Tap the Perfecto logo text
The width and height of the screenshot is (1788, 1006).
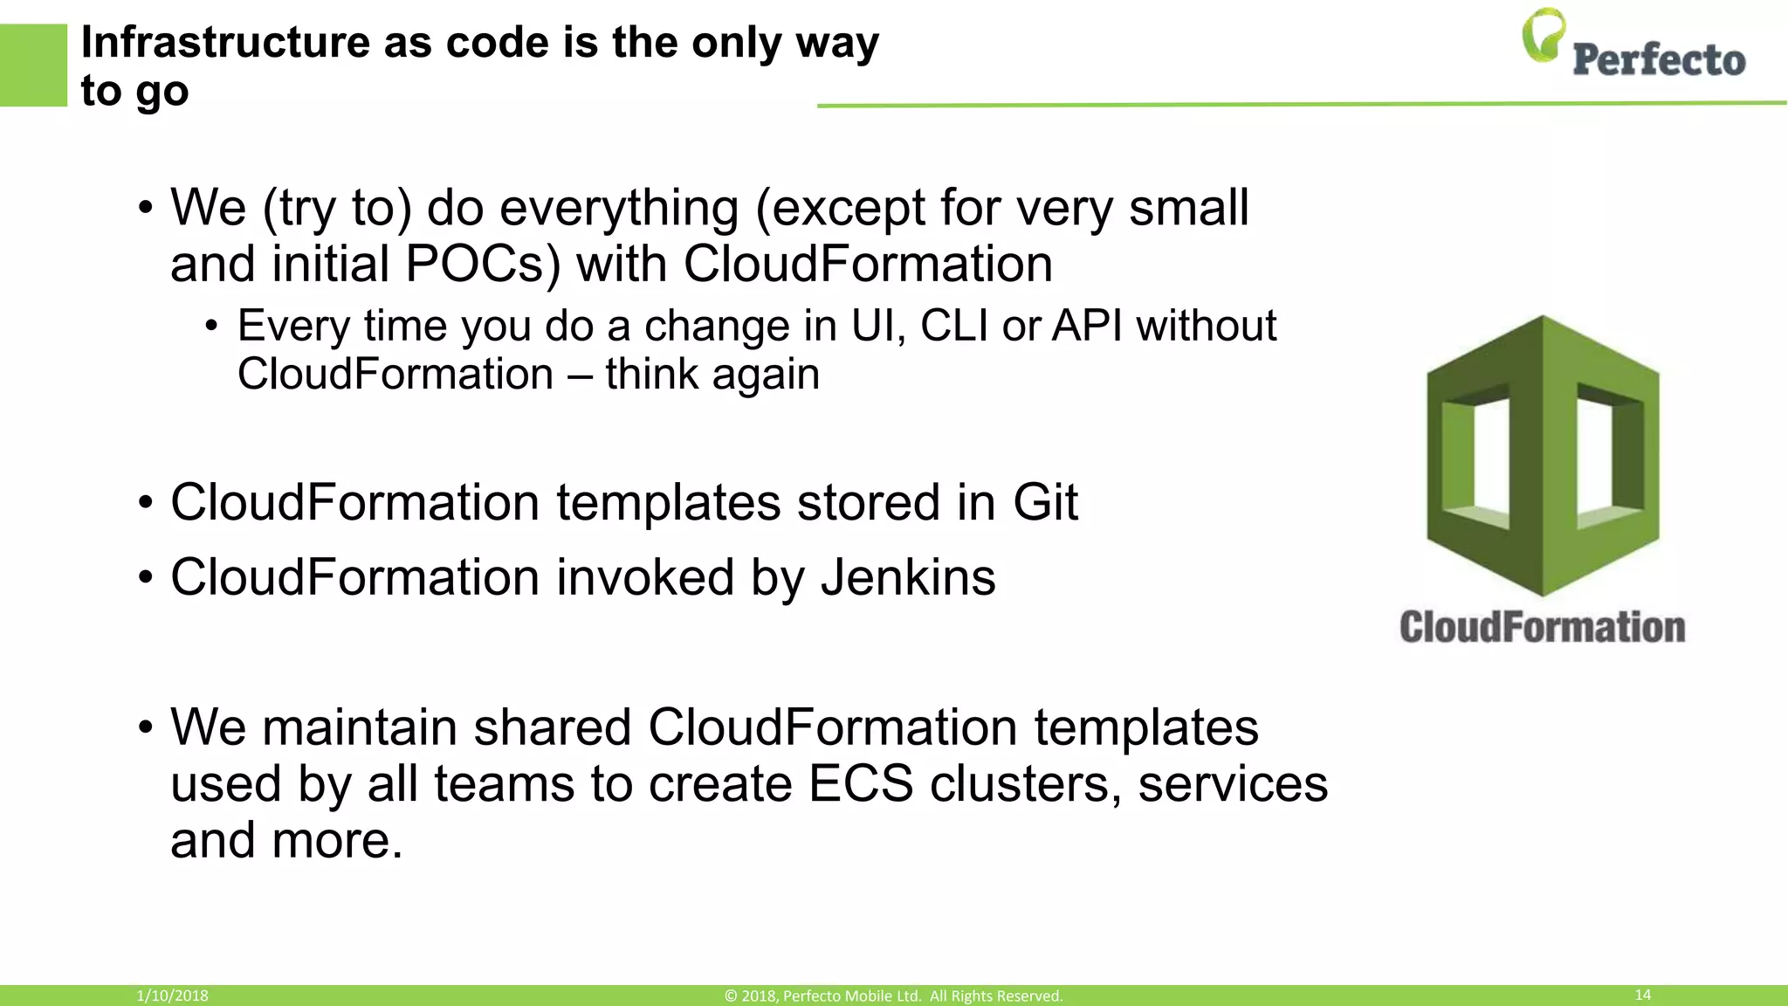(x=1659, y=60)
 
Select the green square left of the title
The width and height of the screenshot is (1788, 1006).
(x=33, y=65)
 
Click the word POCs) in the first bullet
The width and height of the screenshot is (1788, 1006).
(x=483, y=264)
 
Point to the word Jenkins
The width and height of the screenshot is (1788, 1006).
(x=908, y=577)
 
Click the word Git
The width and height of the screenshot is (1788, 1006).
(x=1045, y=502)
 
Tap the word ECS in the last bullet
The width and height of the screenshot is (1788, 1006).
(x=860, y=783)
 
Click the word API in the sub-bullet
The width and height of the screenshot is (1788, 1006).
(x=1086, y=326)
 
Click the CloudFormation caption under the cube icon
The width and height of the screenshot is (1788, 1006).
(x=1542, y=628)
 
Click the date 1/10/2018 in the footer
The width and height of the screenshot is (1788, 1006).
(x=172, y=996)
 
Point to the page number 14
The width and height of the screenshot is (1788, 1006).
(x=1642, y=995)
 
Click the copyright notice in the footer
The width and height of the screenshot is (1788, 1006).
(x=893, y=996)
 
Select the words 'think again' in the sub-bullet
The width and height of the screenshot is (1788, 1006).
(x=712, y=375)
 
